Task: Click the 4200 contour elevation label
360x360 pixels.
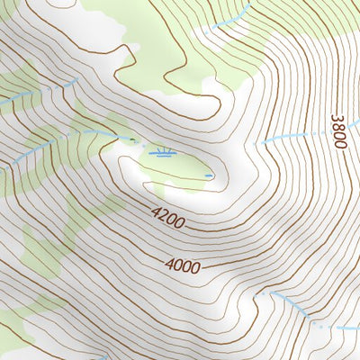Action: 169,219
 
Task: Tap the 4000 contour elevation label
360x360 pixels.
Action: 183,265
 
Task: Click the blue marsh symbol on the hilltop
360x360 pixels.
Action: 164,153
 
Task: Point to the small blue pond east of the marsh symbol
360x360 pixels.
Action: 209,175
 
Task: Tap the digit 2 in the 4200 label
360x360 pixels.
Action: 165,217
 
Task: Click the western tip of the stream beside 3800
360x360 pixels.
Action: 264,144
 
